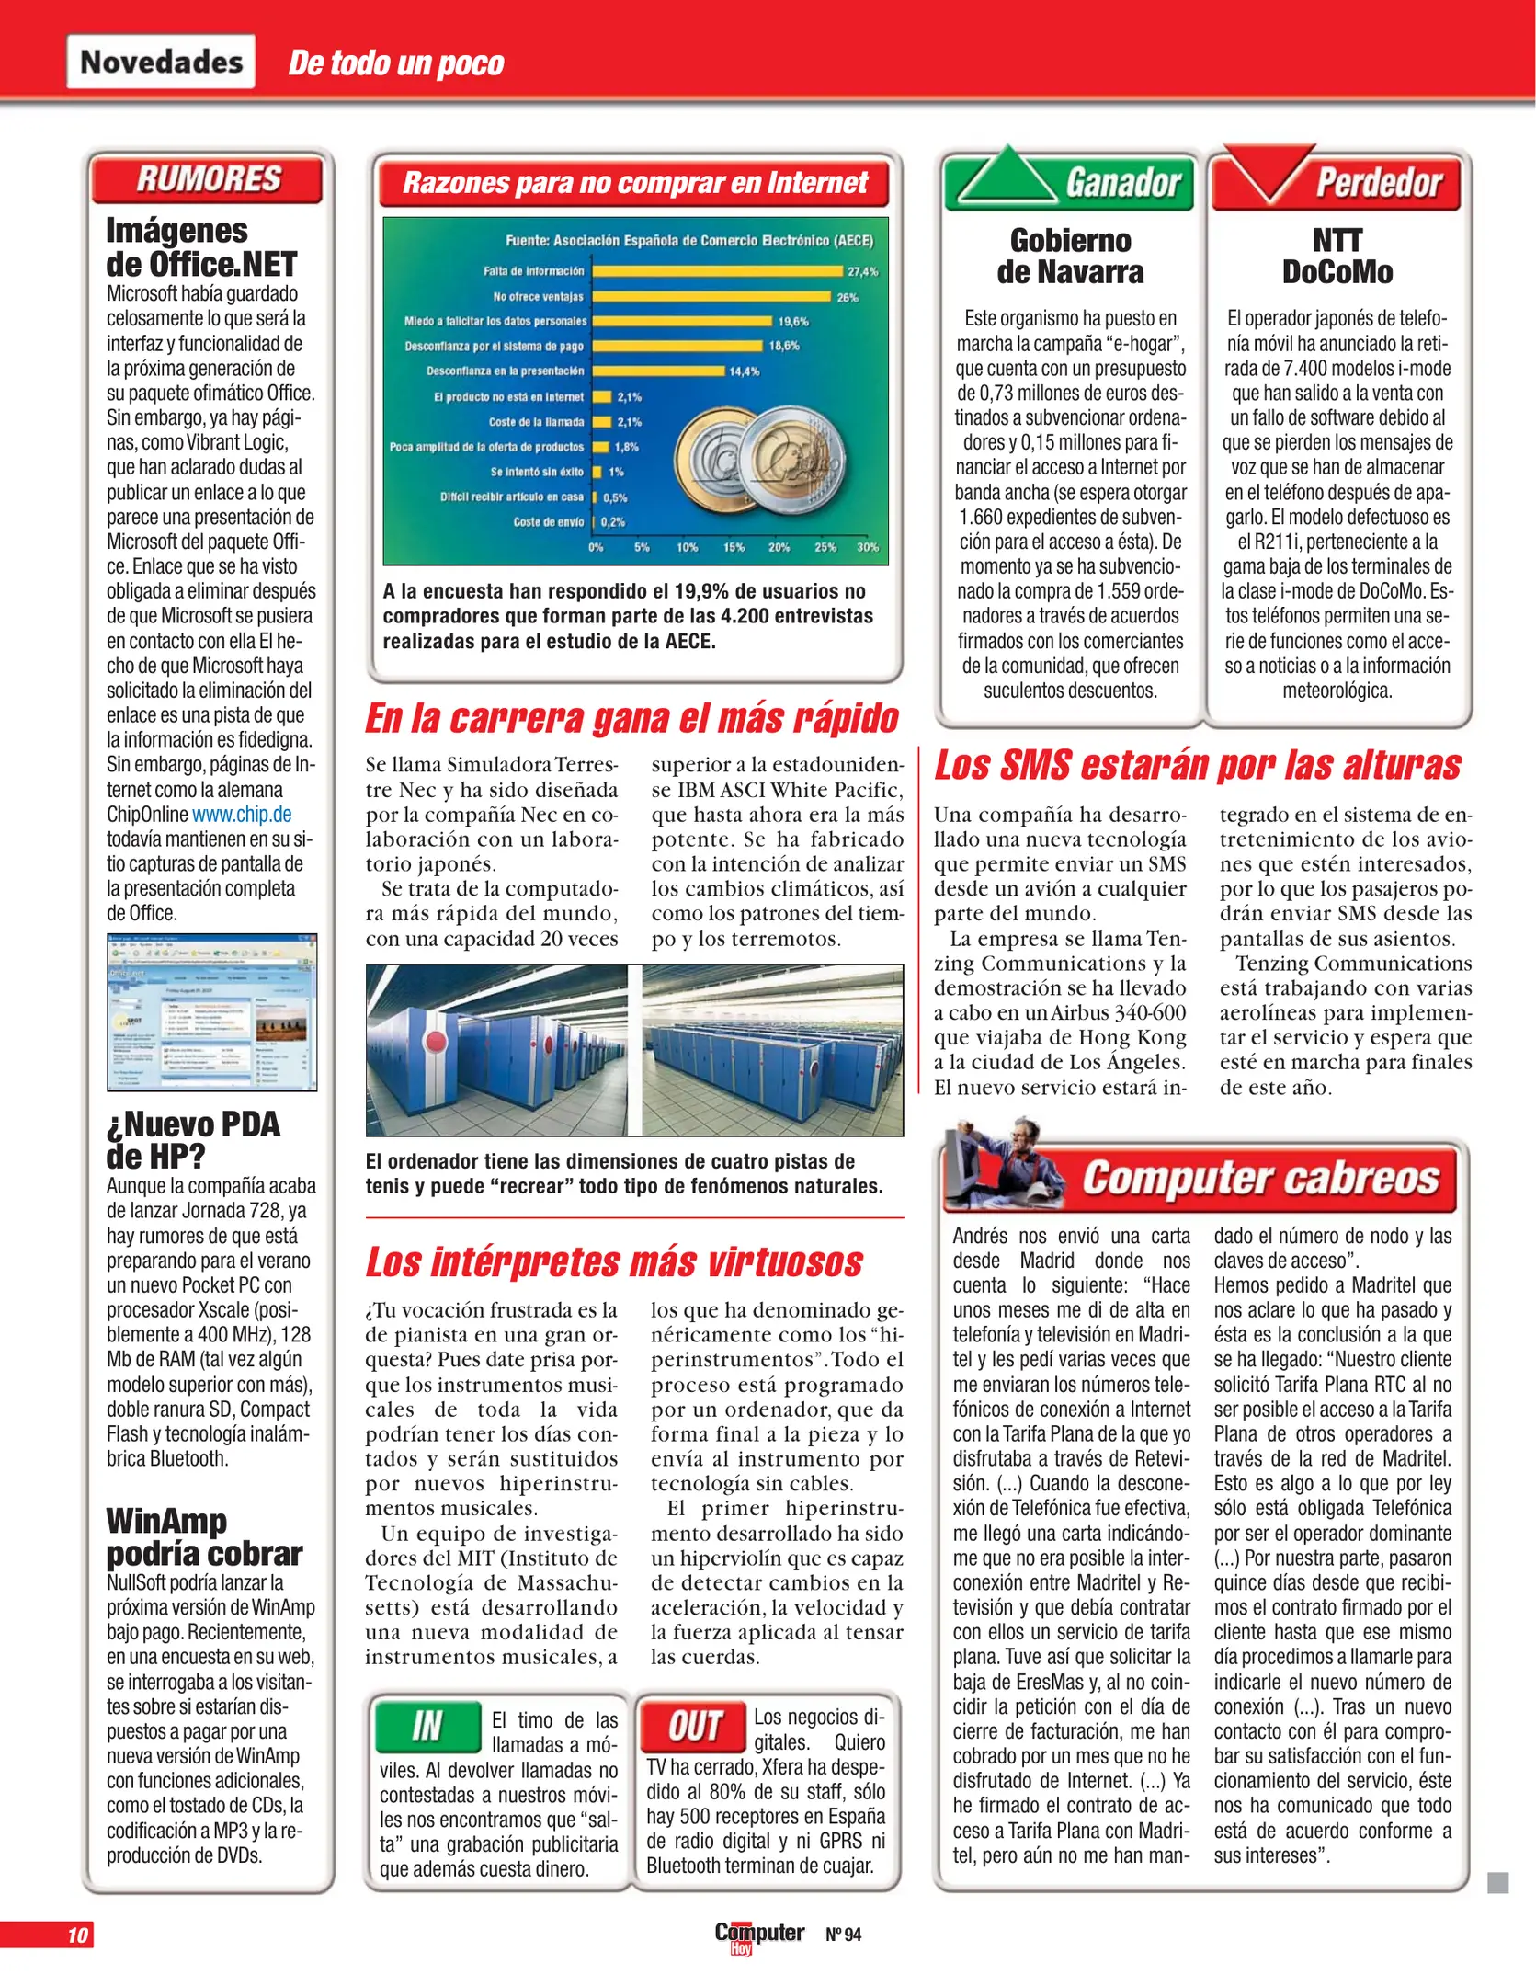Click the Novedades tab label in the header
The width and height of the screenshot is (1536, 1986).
(x=161, y=62)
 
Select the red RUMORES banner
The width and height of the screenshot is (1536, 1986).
(x=208, y=178)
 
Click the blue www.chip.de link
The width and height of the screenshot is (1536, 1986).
(x=242, y=815)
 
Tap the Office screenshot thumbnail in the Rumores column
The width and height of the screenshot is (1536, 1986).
(x=212, y=1012)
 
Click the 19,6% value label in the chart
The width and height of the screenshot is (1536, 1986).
(x=792, y=322)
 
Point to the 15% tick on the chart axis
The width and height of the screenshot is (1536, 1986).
(x=734, y=547)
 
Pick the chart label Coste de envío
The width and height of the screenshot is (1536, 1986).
(x=548, y=522)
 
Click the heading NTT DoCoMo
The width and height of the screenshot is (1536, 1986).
(x=1337, y=257)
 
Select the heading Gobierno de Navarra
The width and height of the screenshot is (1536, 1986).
(x=1070, y=257)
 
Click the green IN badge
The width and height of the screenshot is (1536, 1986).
(x=428, y=1726)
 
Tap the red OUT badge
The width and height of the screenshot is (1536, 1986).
(x=693, y=1726)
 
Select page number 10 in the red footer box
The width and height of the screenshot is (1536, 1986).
(x=77, y=1935)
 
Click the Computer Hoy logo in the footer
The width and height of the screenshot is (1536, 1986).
(x=758, y=1935)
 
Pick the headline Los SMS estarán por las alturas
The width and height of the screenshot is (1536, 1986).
(x=1197, y=765)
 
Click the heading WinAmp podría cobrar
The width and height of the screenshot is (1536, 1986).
(x=204, y=1537)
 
